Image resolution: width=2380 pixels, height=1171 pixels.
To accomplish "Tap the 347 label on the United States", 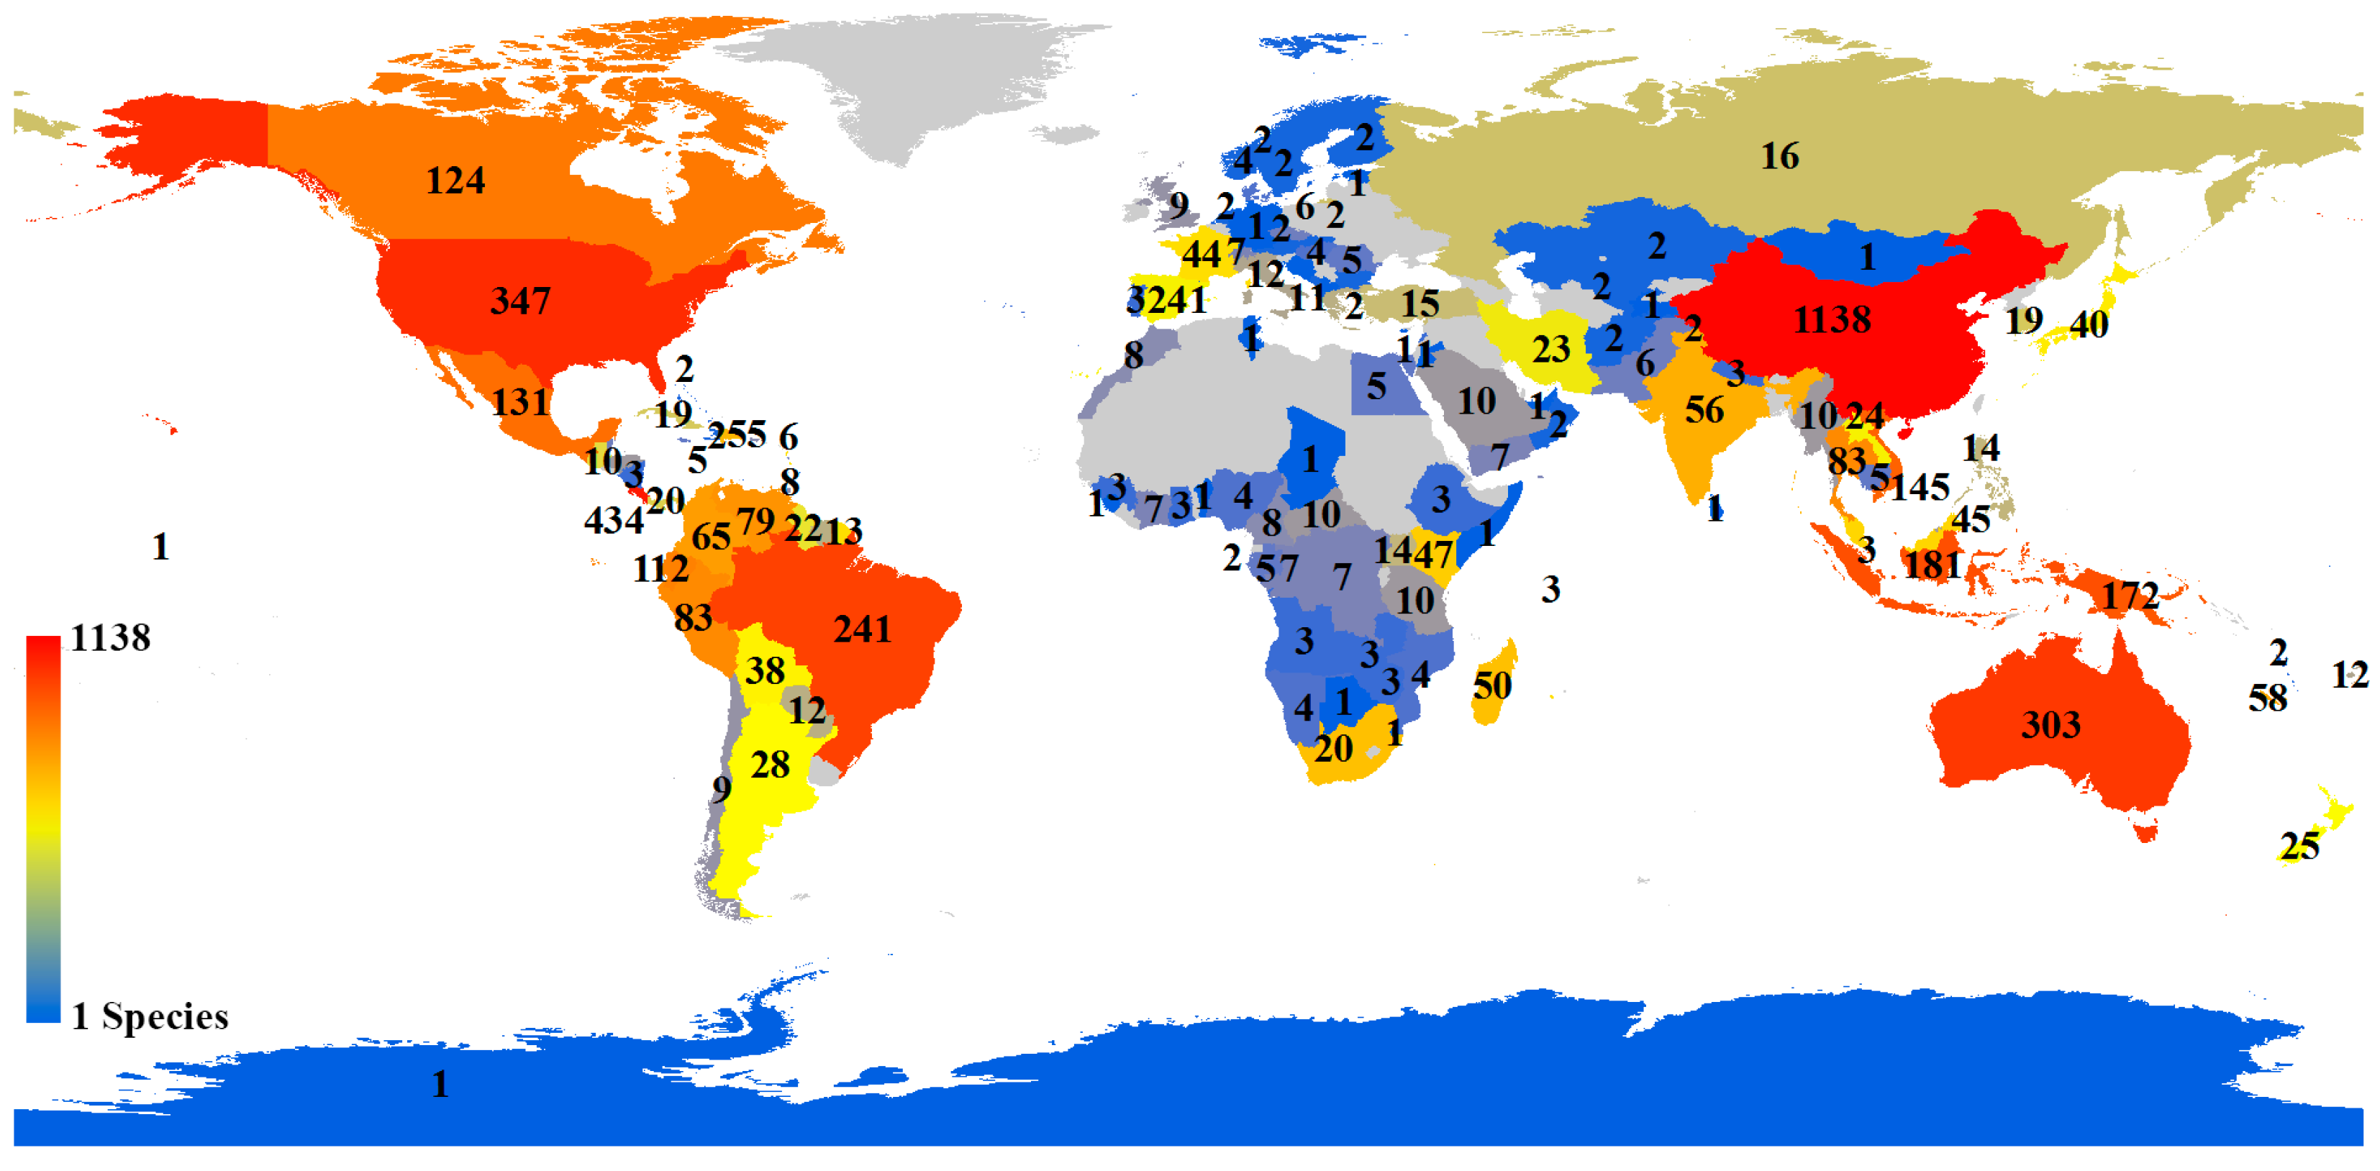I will [x=520, y=301].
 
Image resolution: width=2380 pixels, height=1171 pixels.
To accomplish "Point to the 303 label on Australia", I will [x=2051, y=725].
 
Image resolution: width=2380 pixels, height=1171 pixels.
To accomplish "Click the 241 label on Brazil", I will [x=862, y=630].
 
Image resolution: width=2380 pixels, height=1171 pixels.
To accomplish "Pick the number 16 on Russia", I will [x=1779, y=156].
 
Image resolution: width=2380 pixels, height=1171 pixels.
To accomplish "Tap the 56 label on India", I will [x=1704, y=410].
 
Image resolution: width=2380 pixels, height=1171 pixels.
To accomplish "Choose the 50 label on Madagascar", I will [x=1492, y=685].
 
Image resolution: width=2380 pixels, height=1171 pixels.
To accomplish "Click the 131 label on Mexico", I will [x=520, y=403].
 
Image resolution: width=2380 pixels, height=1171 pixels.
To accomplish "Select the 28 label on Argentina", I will [x=770, y=765].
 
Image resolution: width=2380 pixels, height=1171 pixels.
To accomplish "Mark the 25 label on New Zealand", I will [x=2299, y=846].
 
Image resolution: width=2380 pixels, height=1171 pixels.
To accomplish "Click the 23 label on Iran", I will [x=1550, y=349].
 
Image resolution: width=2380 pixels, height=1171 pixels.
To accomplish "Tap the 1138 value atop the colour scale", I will [x=110, y=638].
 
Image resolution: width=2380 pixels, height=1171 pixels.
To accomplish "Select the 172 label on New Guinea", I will [x=2130, y=596].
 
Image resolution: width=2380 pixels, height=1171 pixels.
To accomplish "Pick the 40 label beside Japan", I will [x=2088, y=325].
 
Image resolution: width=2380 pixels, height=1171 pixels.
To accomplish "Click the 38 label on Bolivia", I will [x=765, y=670].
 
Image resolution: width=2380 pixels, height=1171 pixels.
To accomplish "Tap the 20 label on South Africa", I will [x=1333, y=748].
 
